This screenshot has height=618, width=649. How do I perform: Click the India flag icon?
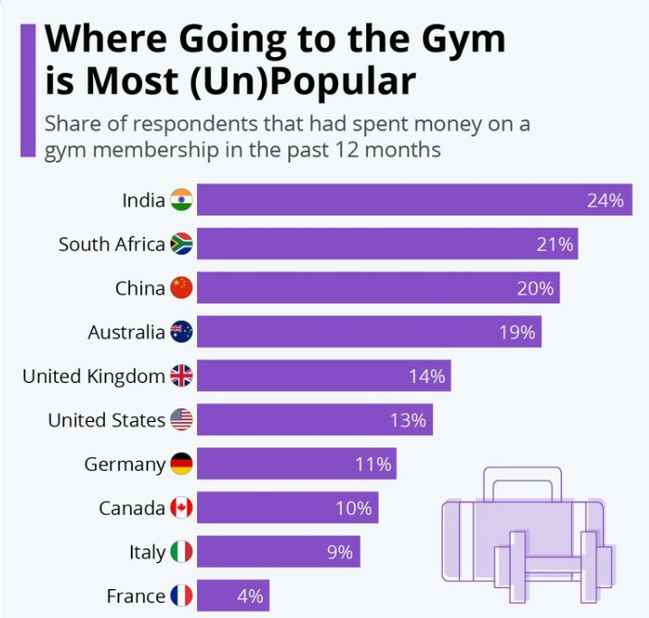click(182, 200)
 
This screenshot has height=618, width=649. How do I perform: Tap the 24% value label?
click(605, 201)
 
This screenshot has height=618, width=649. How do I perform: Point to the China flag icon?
click(182, 288)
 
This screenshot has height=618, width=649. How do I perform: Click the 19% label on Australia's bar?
click(516, 332)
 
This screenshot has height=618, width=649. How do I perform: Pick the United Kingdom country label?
click(93, 376)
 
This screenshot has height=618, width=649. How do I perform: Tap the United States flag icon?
click(182, 420)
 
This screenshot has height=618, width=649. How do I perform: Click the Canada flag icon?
click(182, 508)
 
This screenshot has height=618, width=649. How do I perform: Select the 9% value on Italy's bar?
click(340, 552)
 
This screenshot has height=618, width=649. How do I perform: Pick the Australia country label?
click(126, 332)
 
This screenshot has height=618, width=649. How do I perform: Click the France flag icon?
click(182, 596)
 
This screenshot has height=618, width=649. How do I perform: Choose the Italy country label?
click(147, 552)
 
